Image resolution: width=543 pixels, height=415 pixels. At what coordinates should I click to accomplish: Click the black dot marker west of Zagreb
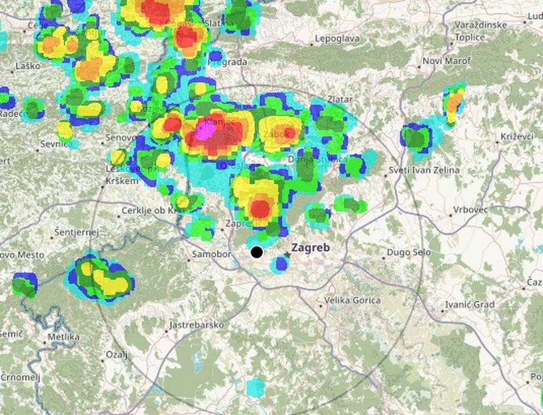257,252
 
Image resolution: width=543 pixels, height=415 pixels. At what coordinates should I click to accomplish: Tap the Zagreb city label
311,248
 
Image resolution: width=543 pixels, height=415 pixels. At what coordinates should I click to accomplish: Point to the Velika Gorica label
353,300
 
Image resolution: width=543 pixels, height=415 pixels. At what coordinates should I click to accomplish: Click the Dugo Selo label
408,252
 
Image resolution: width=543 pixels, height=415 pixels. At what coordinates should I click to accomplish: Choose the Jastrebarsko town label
196,325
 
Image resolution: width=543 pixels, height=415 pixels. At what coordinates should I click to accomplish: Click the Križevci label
516,136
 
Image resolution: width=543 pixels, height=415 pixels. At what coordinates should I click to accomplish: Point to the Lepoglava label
337,39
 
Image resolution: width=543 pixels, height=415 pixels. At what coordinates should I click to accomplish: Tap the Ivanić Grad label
470,304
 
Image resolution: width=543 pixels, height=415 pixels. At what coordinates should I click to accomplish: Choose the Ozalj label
117,354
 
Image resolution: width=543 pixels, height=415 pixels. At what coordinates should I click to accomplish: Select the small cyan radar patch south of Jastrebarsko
255,387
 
